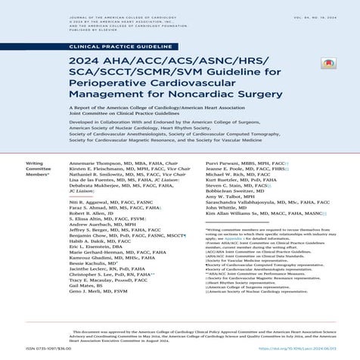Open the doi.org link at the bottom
click(x=303, y=350)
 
